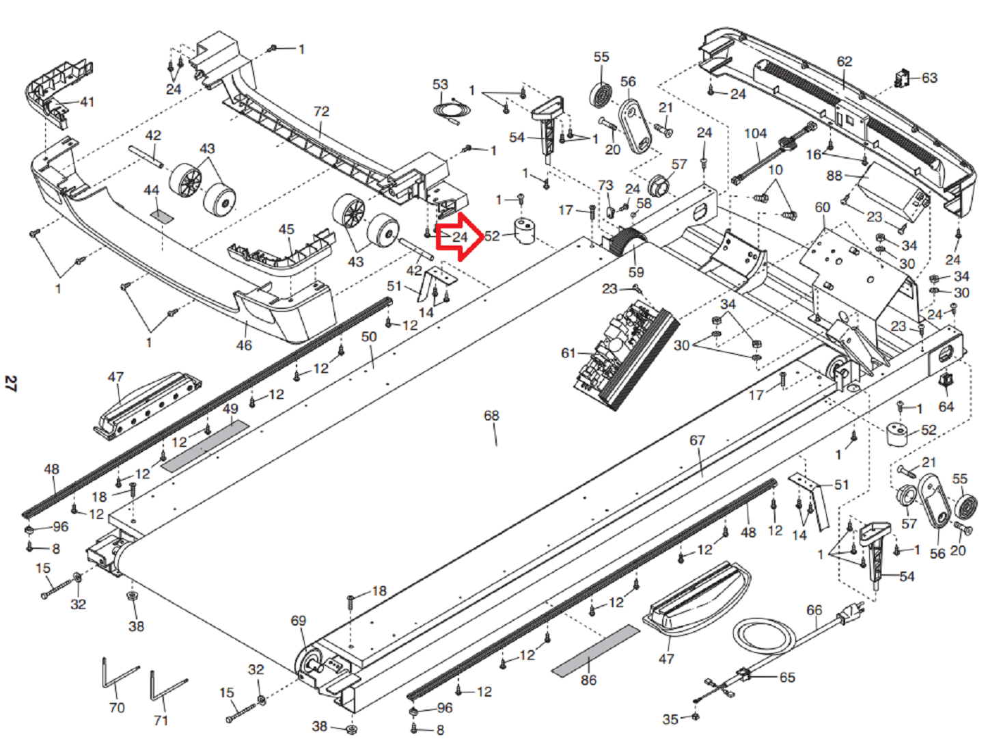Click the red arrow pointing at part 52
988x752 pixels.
pyautogui.click(x=459, y=237)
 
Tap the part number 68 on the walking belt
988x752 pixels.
pyautogui.click(x=491, y=415)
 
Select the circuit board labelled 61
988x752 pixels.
pyautogui.click(x=625, y=354)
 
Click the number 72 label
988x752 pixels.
pyautogui.click(x=321, y=111)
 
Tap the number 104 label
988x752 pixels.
pyautogui.click(x=755, y=134)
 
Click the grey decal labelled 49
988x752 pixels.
pyautogui.click(x=205, y=446)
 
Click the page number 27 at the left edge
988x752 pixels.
pyautogui.click(x=10, y=384)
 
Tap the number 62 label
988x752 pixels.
pyautogui.click(x=844, y=62)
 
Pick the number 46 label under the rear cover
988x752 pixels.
pyautogui.click(x=244, y=345)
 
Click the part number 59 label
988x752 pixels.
pyautogui.click(x=636, y=272)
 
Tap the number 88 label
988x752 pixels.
pyautogui.click(x=834, y=176)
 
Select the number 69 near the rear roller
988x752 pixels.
pyautogui.click(x=298, y=621)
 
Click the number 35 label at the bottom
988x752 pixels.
pyautogui.click(x=670, y=719)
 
